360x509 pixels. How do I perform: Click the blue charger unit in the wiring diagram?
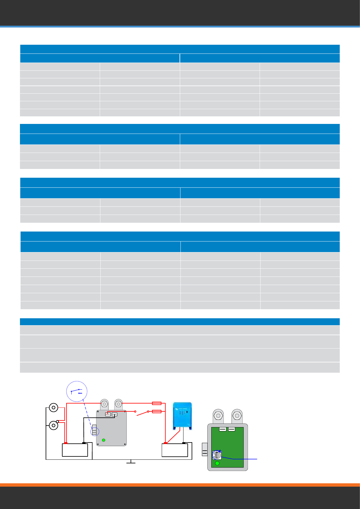point(182,416)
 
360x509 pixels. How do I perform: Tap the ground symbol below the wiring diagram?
point(131,462)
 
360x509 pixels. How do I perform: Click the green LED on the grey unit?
point(104,440)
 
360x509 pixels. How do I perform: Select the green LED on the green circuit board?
point(217,463)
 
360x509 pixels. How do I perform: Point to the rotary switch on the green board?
point(217,455)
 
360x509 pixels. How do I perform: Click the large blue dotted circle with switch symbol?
point(77,391)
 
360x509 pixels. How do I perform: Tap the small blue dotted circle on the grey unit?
point(95,431)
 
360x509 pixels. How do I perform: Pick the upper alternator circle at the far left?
point(54,408)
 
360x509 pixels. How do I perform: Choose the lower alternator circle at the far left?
point(54,426)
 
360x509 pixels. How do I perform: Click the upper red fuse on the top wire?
point(157,403)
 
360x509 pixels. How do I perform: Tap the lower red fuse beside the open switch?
point(157,411)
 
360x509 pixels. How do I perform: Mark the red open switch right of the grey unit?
point(141,413)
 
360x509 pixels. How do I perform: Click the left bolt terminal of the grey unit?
point(104,404)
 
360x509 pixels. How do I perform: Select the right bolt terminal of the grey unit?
point(118,404)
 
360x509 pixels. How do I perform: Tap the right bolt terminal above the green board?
point(237,416)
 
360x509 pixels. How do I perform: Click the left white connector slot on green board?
point(223,429)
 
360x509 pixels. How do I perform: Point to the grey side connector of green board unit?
point(205,449)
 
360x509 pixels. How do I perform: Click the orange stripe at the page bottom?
point(180,485)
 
